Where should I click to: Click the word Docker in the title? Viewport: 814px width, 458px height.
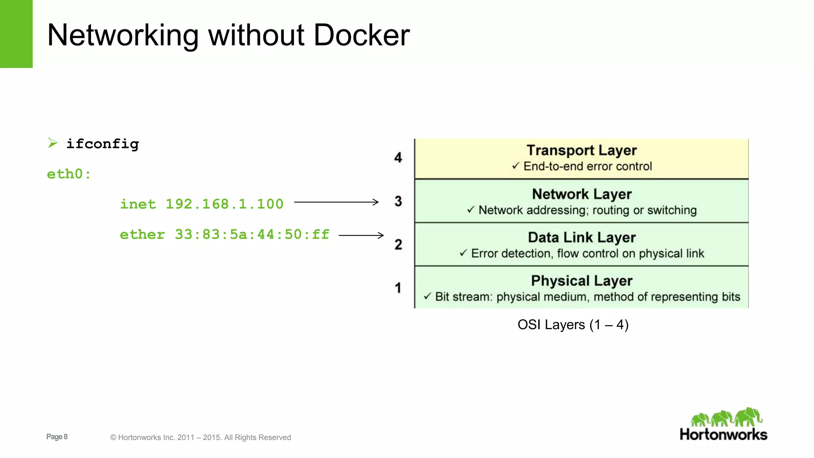coord(361,35)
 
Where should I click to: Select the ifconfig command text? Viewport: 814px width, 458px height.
coord(103,144)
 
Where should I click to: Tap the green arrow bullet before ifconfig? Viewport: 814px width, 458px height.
coord(52,143)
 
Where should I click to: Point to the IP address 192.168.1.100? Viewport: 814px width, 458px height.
coord(225,204)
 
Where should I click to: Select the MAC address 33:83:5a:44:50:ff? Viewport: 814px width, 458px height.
coord(252,235)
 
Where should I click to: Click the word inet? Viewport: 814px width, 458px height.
coord(138,204)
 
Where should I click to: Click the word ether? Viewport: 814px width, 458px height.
coord(142,235)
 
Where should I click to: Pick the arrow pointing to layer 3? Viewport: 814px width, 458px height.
coord(336,202)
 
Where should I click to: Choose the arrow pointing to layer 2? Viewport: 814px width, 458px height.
coord(361,235)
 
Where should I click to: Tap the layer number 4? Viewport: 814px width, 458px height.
coord(398,158)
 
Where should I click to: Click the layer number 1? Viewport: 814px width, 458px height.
coord(398,287)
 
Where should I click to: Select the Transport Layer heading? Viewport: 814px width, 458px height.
coord(581,150)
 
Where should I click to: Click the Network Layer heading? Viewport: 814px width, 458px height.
coord(581,194)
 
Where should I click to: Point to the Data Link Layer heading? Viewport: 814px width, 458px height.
coord(581,237)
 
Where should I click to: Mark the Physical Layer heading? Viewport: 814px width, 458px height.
coord(581,281)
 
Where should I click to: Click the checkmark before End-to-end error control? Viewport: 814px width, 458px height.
coord(516,165)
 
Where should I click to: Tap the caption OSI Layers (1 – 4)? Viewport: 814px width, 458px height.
coord(573,324)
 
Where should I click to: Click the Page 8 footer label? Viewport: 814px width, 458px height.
coord(57,437)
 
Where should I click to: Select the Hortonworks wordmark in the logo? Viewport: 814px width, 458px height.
coord(723,434)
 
